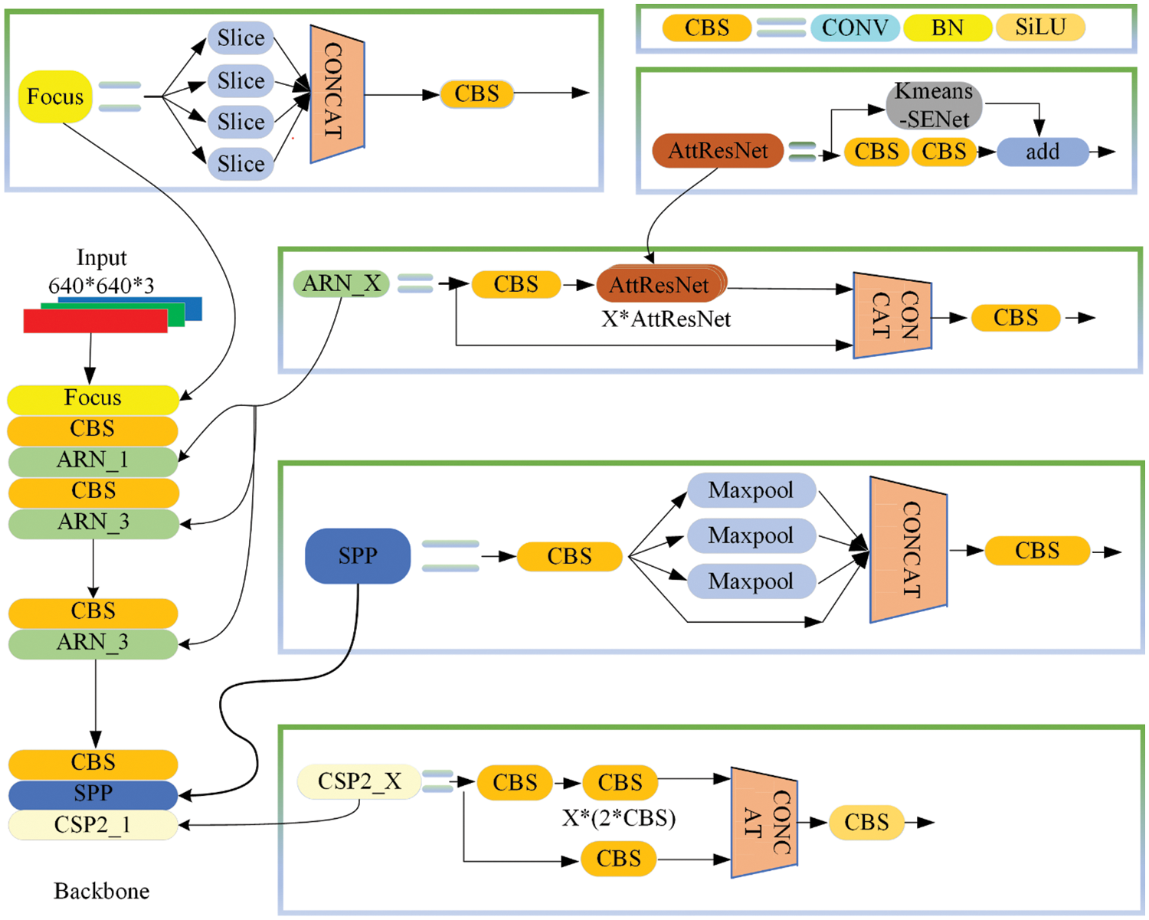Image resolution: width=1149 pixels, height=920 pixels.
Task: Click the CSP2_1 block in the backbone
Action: tap(93, 826)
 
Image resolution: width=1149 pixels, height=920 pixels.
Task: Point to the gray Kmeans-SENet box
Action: tap(934, 105)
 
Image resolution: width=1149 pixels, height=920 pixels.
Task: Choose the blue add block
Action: tap(1042, 152)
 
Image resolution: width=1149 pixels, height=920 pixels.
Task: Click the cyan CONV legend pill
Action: tap(855, 28)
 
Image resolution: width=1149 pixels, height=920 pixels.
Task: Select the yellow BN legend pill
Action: tap(947, 28)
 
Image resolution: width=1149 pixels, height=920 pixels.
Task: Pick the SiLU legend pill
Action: tap(1040, 28)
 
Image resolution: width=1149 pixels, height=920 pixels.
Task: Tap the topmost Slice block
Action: tap(241, 38)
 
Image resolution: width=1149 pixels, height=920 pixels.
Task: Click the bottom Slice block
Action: tap(241, 164)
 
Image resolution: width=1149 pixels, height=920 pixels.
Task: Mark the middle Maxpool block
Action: tap(751, 535)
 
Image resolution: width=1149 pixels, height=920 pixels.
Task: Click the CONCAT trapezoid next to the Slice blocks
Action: tap(336, 93)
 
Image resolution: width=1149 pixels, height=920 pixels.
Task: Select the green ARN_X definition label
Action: tap(342, 284)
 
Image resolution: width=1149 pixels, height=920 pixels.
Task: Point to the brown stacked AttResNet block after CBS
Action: tap(660, 286)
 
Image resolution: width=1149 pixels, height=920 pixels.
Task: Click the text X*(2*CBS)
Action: tap(619, 818)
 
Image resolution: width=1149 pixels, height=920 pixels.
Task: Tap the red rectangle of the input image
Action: tap(95, 321)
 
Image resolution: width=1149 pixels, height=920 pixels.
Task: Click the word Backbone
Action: tap(101, 891)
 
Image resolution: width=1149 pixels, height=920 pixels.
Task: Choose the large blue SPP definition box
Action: tap(358, 556)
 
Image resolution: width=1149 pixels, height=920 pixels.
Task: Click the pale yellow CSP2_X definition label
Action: tap(359, 782)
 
